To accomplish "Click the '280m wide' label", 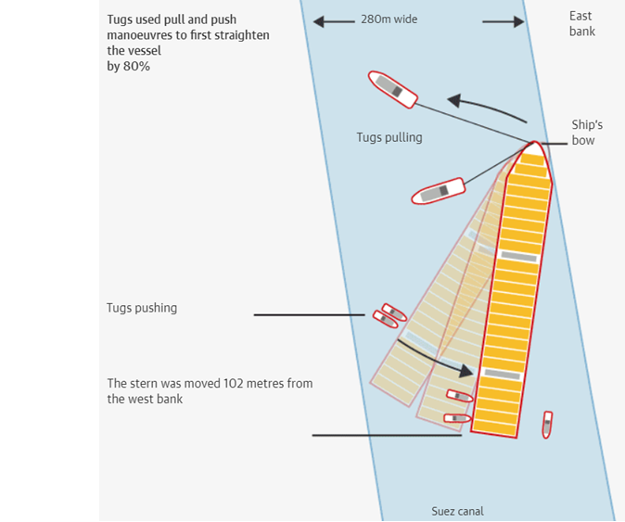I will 389,19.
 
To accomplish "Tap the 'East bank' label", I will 582,23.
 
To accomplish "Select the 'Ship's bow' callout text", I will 587,133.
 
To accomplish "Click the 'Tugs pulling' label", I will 389,137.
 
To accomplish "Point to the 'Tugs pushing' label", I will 142,308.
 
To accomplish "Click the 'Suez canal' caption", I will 457,511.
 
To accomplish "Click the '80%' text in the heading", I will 136,66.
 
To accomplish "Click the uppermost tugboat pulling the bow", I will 393,89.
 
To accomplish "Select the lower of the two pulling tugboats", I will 438,191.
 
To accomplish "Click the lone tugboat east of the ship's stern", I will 547,425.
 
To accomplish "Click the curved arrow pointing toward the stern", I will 436,359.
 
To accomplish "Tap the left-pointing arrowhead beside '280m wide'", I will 320,20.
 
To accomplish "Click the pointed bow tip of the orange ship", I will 535,144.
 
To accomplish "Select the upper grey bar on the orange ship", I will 518,255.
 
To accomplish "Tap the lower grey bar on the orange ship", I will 501,374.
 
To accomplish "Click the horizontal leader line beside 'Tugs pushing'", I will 309,315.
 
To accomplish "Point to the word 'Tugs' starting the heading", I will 121,19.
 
